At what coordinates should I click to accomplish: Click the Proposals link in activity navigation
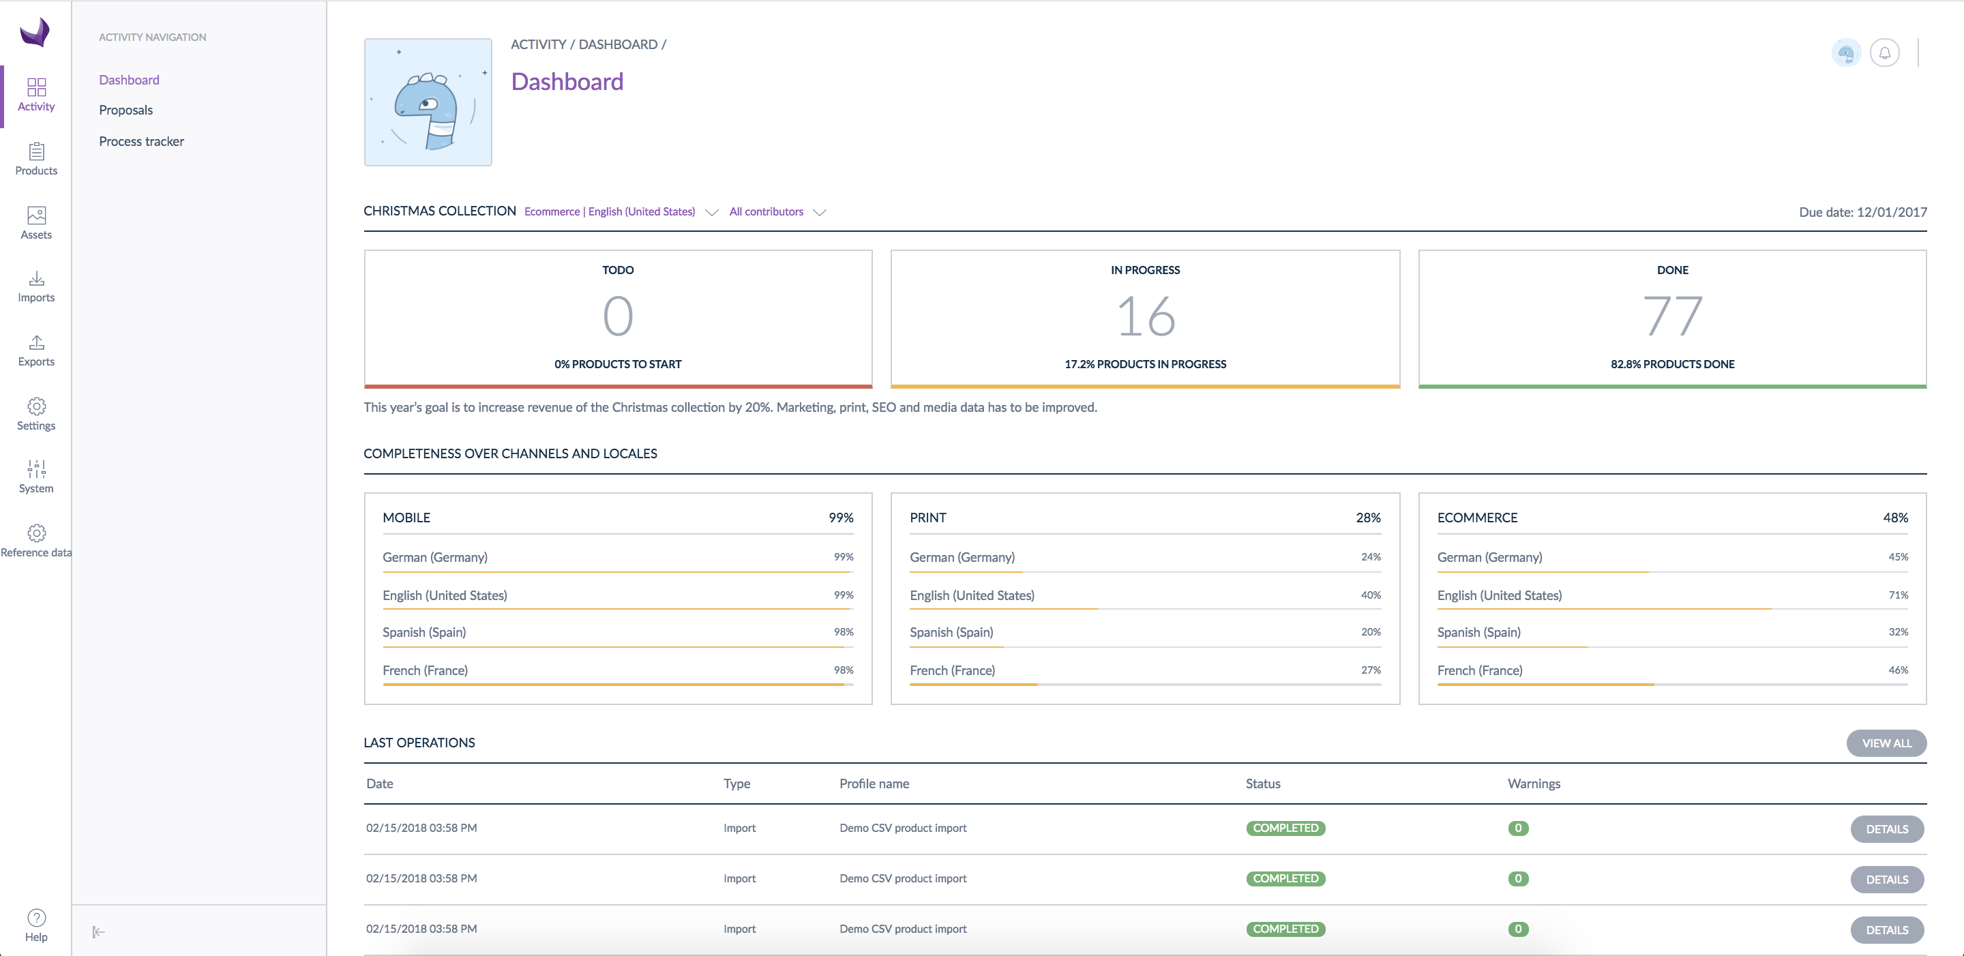coord(125,110)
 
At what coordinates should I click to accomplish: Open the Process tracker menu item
coord(141,141)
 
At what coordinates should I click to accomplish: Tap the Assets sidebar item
coord(36,222)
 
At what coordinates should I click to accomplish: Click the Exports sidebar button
coord(36,350)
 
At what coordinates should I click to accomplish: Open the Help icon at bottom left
coord(36,925)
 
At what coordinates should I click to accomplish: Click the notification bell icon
coord(1884,53)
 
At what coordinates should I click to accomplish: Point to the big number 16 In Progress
coord(1145,316)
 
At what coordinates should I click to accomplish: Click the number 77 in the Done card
coord(1672,316)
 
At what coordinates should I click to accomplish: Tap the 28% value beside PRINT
coord(1368,518)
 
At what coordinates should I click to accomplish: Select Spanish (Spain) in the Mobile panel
coord(424,632)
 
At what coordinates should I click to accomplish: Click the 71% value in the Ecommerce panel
coord(1898,595)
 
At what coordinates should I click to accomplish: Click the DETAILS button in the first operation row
coord(1886,828)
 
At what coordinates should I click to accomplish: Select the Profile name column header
coord(874,783)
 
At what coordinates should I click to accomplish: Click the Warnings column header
coord(1533,783)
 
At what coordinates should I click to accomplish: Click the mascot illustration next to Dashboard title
coord(428,102)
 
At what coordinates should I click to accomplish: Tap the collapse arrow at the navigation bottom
coord(98,931)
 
